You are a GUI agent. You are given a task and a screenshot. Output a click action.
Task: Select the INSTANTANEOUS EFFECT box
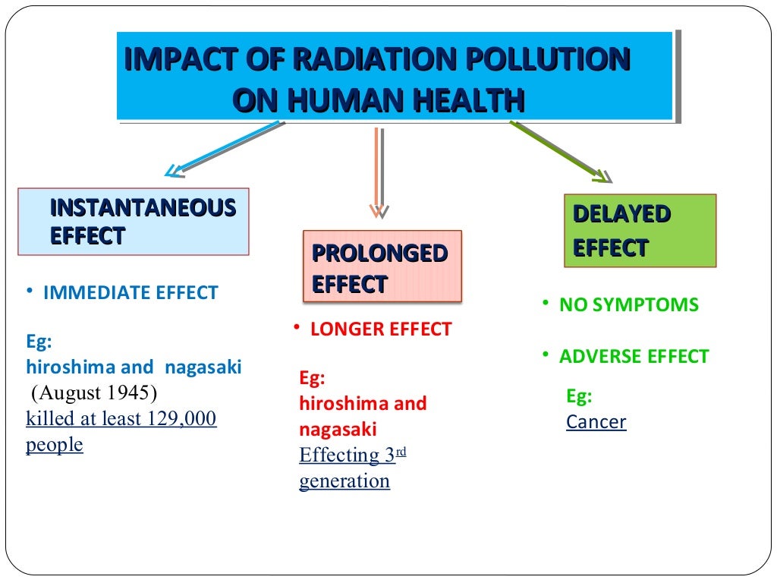tap(134, 221)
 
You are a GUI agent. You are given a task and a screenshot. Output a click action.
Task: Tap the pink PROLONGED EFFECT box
tap(382, 266)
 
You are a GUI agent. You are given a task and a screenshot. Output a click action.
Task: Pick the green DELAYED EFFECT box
tap(640, 231)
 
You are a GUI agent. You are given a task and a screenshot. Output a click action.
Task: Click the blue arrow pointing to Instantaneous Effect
tap(224, 148)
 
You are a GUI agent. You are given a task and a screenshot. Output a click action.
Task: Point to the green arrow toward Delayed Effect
tap(562, 152)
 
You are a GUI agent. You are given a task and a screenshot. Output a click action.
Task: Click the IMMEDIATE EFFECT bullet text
tap(131, 292)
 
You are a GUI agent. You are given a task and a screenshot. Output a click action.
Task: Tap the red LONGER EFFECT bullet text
tap(381, 329)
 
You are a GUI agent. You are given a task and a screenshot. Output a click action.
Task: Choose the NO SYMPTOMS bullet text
tap(629, 305)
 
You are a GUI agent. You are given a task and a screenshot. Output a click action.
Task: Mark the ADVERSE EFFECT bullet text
tap(634, 357)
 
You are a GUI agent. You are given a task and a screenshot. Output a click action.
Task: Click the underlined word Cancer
tap(596, 422)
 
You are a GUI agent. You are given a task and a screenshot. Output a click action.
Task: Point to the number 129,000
tap(182, 418)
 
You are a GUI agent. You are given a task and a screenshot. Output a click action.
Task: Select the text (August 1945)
tap(93, 393)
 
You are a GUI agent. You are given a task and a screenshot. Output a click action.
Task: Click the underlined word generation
tap(344, 481)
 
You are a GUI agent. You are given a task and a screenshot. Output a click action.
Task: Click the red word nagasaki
tap(338, 429)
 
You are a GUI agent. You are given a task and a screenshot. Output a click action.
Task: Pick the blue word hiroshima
tap(70, 367)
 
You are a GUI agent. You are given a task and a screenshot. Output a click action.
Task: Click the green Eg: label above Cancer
tap(580, 396)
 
